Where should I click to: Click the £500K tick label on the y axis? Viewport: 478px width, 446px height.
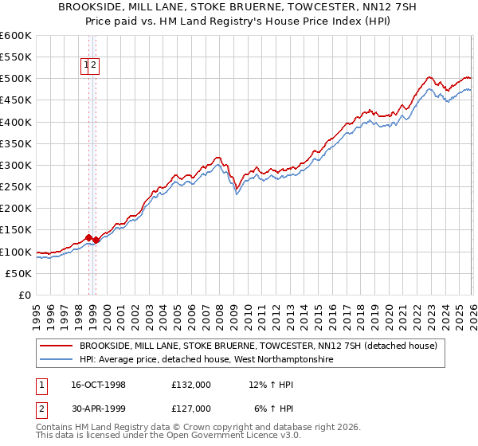click(16, 79)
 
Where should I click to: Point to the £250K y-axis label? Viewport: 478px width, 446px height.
click(16, 187)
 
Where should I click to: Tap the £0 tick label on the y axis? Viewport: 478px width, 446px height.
click(25, 295)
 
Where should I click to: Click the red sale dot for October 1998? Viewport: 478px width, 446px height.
click(89, 237)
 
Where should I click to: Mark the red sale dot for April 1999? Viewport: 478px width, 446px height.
click(96, 240)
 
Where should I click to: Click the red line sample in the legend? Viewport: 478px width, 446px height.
click(56, 346)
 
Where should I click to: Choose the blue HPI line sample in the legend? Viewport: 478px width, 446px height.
click(56, 361)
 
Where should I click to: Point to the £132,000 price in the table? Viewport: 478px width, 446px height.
click(191, 385)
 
